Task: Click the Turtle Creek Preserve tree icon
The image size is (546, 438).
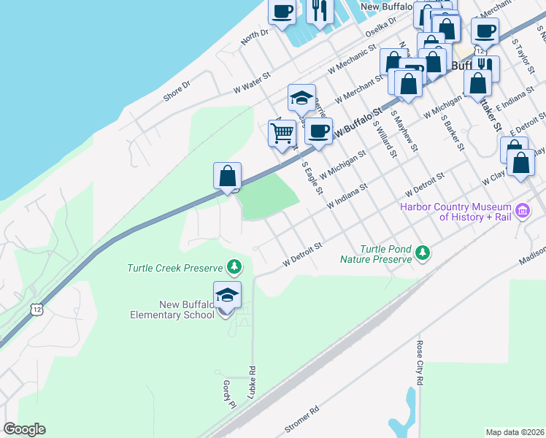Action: pyautogui.click(x=234, y=267)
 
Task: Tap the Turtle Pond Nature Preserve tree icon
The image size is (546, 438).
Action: pyautogui.click(x=422, y=253)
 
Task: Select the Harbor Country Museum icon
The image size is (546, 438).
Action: pyautogui.click(x=522, y=212)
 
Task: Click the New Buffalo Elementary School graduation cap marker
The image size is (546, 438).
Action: pyautogui.click(x=227, y=296)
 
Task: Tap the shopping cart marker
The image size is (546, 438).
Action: pyautogui.click(x=282, y=134)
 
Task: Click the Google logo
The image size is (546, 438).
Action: pyautogui.click(x=24, y=429)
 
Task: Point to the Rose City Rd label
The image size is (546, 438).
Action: pyautogui.click(x=420, y=362)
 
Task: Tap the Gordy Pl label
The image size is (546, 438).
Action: pyautogui.click(x=228, y=394)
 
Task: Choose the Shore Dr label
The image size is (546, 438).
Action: pyautogui.click(x=177, y=90)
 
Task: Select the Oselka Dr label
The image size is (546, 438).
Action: pyautogui.click(x=380, y=31)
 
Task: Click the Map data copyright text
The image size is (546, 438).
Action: pyautogui.click(x=515, y=432)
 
